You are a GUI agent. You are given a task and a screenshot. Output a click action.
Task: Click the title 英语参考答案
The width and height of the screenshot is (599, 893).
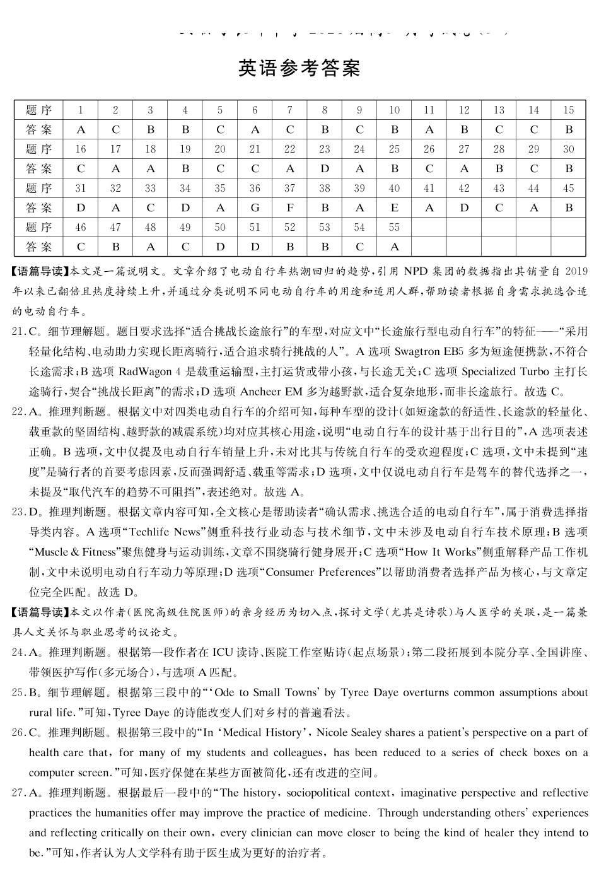pyautogui.click(x=299, y=67)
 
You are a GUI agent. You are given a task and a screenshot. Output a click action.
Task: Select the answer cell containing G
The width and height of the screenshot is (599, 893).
pyautogui.click(x=255, y=207)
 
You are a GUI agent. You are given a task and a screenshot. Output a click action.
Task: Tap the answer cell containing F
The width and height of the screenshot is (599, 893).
pyautogui.click(x=289, y=207)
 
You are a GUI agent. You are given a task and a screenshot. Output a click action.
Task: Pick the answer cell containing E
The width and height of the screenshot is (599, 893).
pyautogui.click(x=394, y=207)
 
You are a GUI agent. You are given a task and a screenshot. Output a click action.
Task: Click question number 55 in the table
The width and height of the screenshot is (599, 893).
pyautogui.click(x=394, y=227)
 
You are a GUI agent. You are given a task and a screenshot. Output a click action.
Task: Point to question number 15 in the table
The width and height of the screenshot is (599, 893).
pyautogui.click(x=568, y=110)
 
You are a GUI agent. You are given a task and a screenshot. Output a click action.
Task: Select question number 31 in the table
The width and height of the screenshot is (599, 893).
pyautogui.click(x=81, y=188)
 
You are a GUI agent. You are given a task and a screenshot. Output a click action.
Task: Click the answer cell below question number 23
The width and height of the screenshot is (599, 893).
pyautogui.click(x=325, y=168)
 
